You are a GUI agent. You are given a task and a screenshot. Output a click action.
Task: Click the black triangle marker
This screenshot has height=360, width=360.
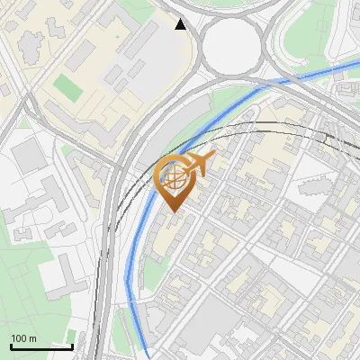(181, 24)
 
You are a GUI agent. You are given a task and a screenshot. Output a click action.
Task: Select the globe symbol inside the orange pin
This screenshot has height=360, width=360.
(174, 177)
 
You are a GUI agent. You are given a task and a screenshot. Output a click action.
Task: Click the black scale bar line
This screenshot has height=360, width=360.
(41, 346)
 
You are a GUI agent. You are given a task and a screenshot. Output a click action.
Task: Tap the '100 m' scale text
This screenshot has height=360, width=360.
(24, 338)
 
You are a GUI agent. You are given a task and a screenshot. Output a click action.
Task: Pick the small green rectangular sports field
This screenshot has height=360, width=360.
(67, 87)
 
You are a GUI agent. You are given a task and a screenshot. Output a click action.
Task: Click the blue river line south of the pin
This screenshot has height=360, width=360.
(136, 261)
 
